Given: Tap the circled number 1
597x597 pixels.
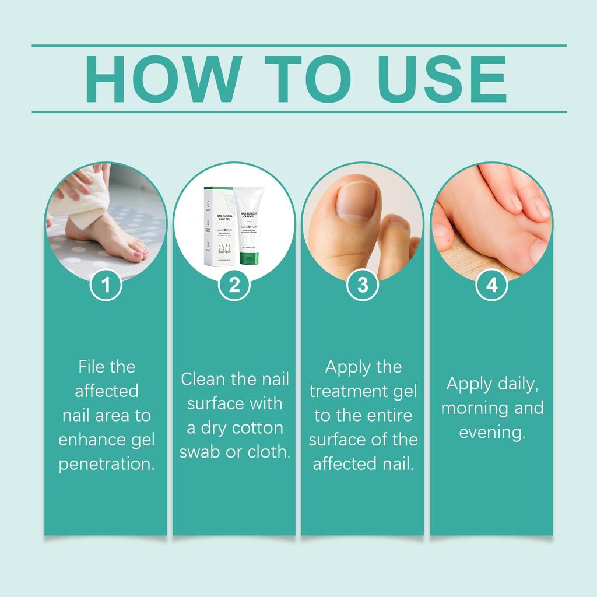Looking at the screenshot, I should [x=106, y=285].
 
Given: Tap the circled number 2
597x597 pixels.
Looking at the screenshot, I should [x=234, y=285].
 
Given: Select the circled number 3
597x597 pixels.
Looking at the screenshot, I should [x=363, y=285].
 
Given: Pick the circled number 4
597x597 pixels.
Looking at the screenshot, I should [x=491, y=285].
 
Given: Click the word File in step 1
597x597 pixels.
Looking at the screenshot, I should [x=90, y=367].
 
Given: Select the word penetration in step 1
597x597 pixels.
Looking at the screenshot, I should [x=107, y=465].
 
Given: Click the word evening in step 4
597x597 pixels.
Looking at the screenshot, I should [x=493, y=433].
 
